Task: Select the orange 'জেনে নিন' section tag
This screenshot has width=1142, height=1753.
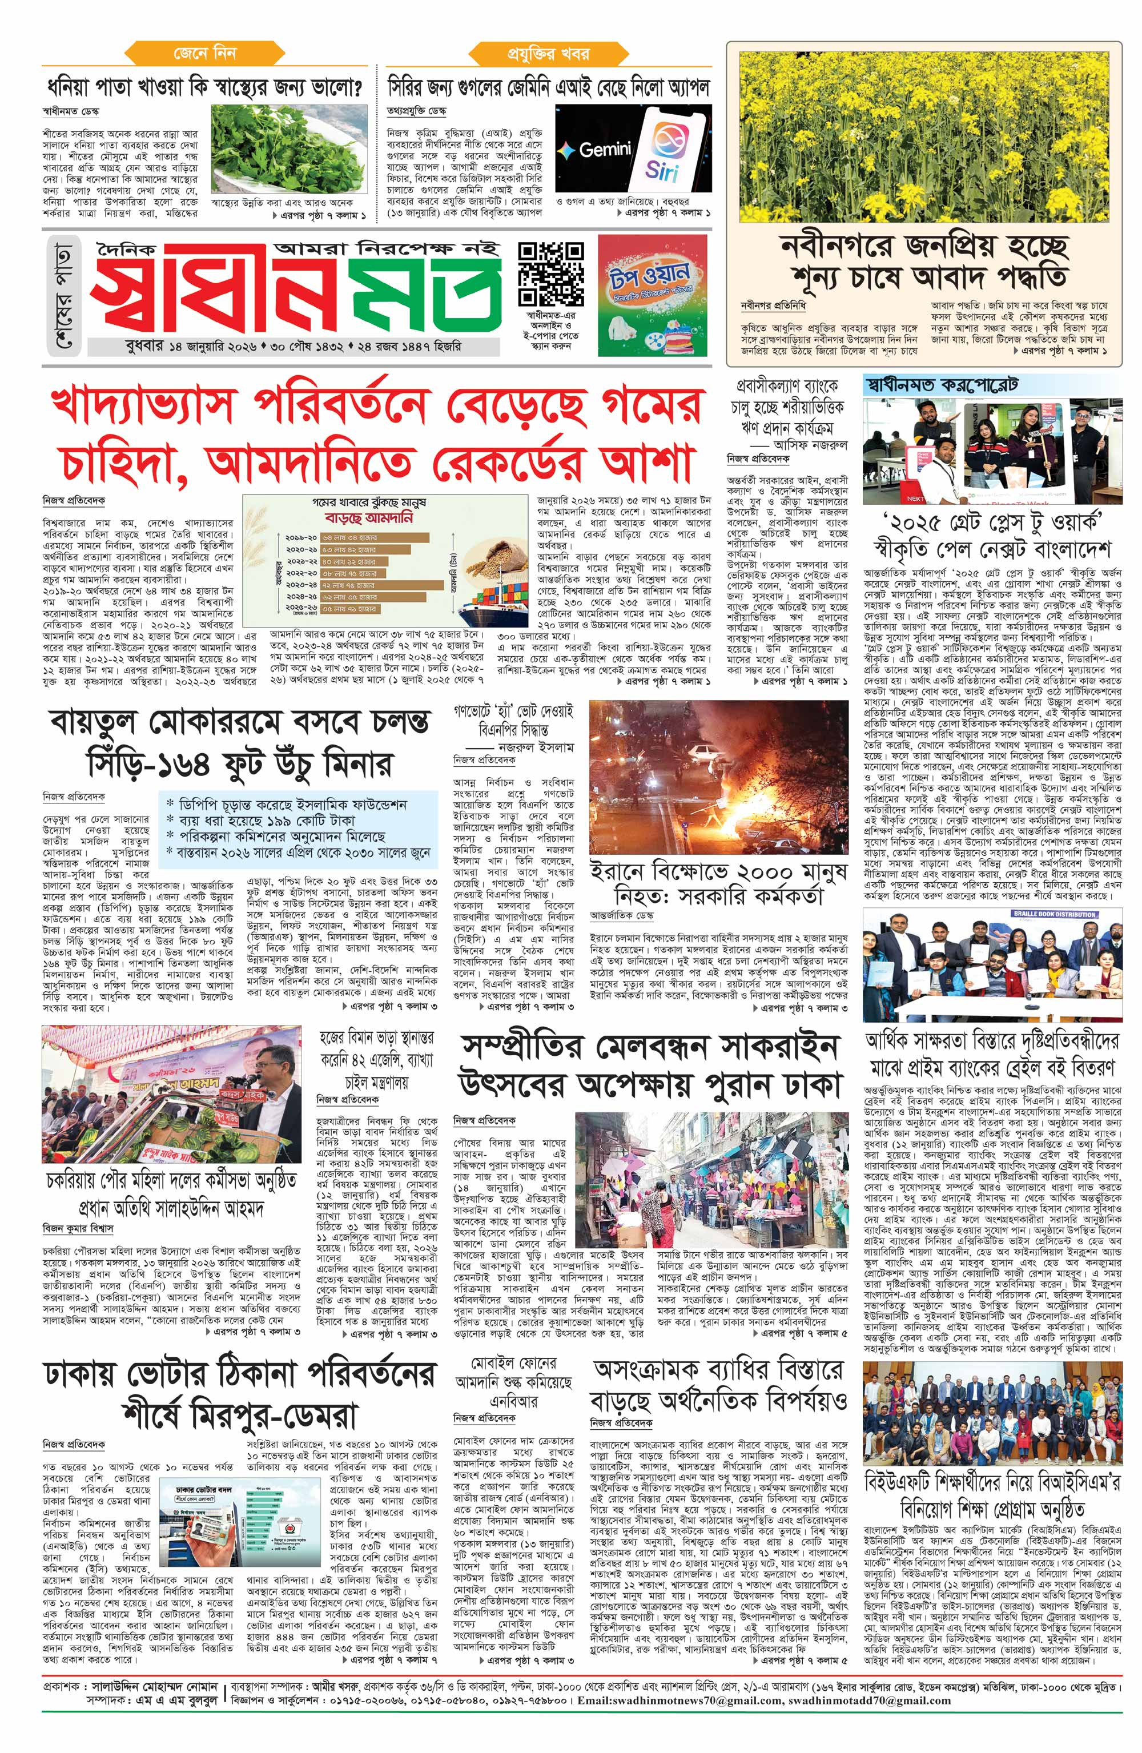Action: tap(204, 53)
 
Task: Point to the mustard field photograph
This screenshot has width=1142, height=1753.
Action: tap(923, 136)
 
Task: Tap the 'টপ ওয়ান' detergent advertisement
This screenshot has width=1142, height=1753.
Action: tap(650, 295)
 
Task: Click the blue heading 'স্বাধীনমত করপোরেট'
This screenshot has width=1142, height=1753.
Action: tap(942, 384)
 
